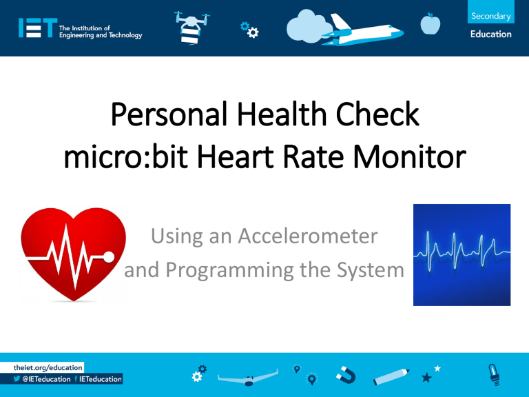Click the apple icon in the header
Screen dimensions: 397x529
click(430, 24)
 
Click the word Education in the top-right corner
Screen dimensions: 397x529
click(491, 34)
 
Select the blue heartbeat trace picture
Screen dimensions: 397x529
click(461, 254)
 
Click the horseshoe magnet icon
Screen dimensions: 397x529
click(346, 376)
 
